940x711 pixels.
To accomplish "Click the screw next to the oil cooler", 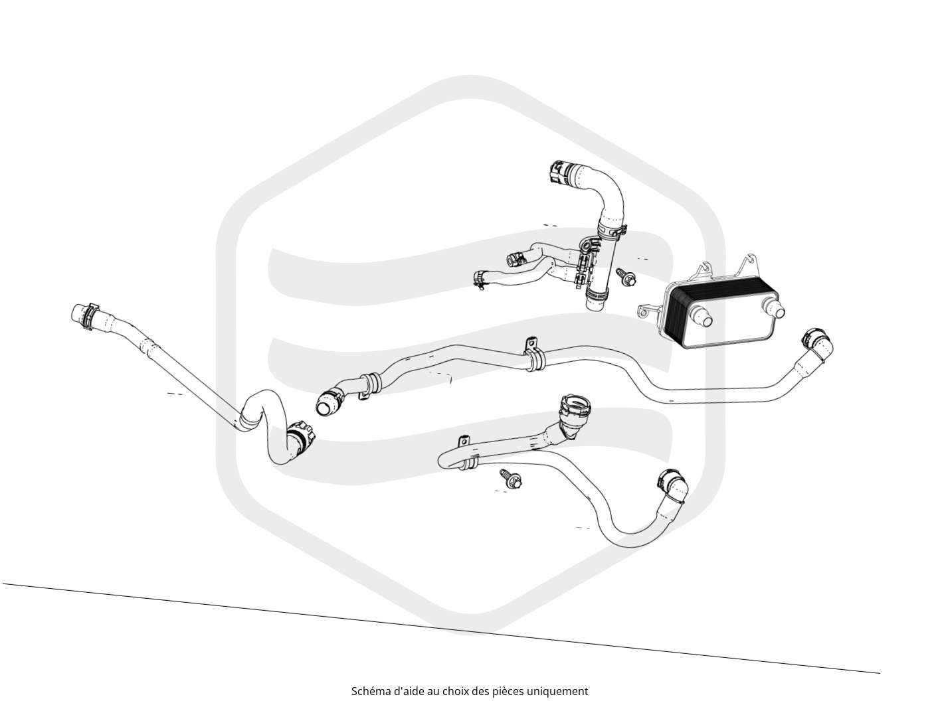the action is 626,277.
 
